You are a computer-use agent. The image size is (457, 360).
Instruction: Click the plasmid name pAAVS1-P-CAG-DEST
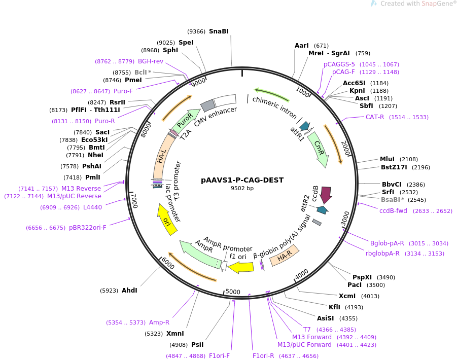click(242, 180)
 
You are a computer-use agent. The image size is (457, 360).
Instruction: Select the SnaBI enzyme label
click(219, 31)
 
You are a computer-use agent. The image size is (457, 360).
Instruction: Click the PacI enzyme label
click(362, 285)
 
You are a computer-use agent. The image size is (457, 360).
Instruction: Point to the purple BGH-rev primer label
click(151, 61)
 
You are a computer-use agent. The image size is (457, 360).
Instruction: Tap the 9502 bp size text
click(242, 188)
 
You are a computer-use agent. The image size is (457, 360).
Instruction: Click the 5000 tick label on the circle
click(233, 292)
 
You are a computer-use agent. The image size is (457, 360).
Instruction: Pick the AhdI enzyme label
click(129, 291)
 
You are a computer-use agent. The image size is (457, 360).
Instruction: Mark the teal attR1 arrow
click(304, 126)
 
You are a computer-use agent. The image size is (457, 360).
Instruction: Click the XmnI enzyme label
click(175, 334)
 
